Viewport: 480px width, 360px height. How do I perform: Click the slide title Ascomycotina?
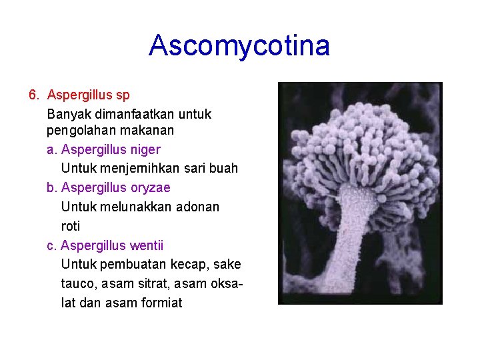pos(239,46)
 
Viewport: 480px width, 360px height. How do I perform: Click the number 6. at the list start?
pos(35,95)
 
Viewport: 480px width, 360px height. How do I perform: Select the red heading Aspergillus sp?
pos(89,95)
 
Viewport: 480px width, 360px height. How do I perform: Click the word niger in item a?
pos(145,149)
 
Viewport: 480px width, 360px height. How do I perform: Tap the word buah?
pos(225,168)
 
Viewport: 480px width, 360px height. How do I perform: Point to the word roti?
pos(70,226)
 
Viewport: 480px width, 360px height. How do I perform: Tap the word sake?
pos(229,265)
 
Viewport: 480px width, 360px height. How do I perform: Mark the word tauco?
pos(79,284)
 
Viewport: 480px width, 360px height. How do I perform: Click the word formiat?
pos(162,303)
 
